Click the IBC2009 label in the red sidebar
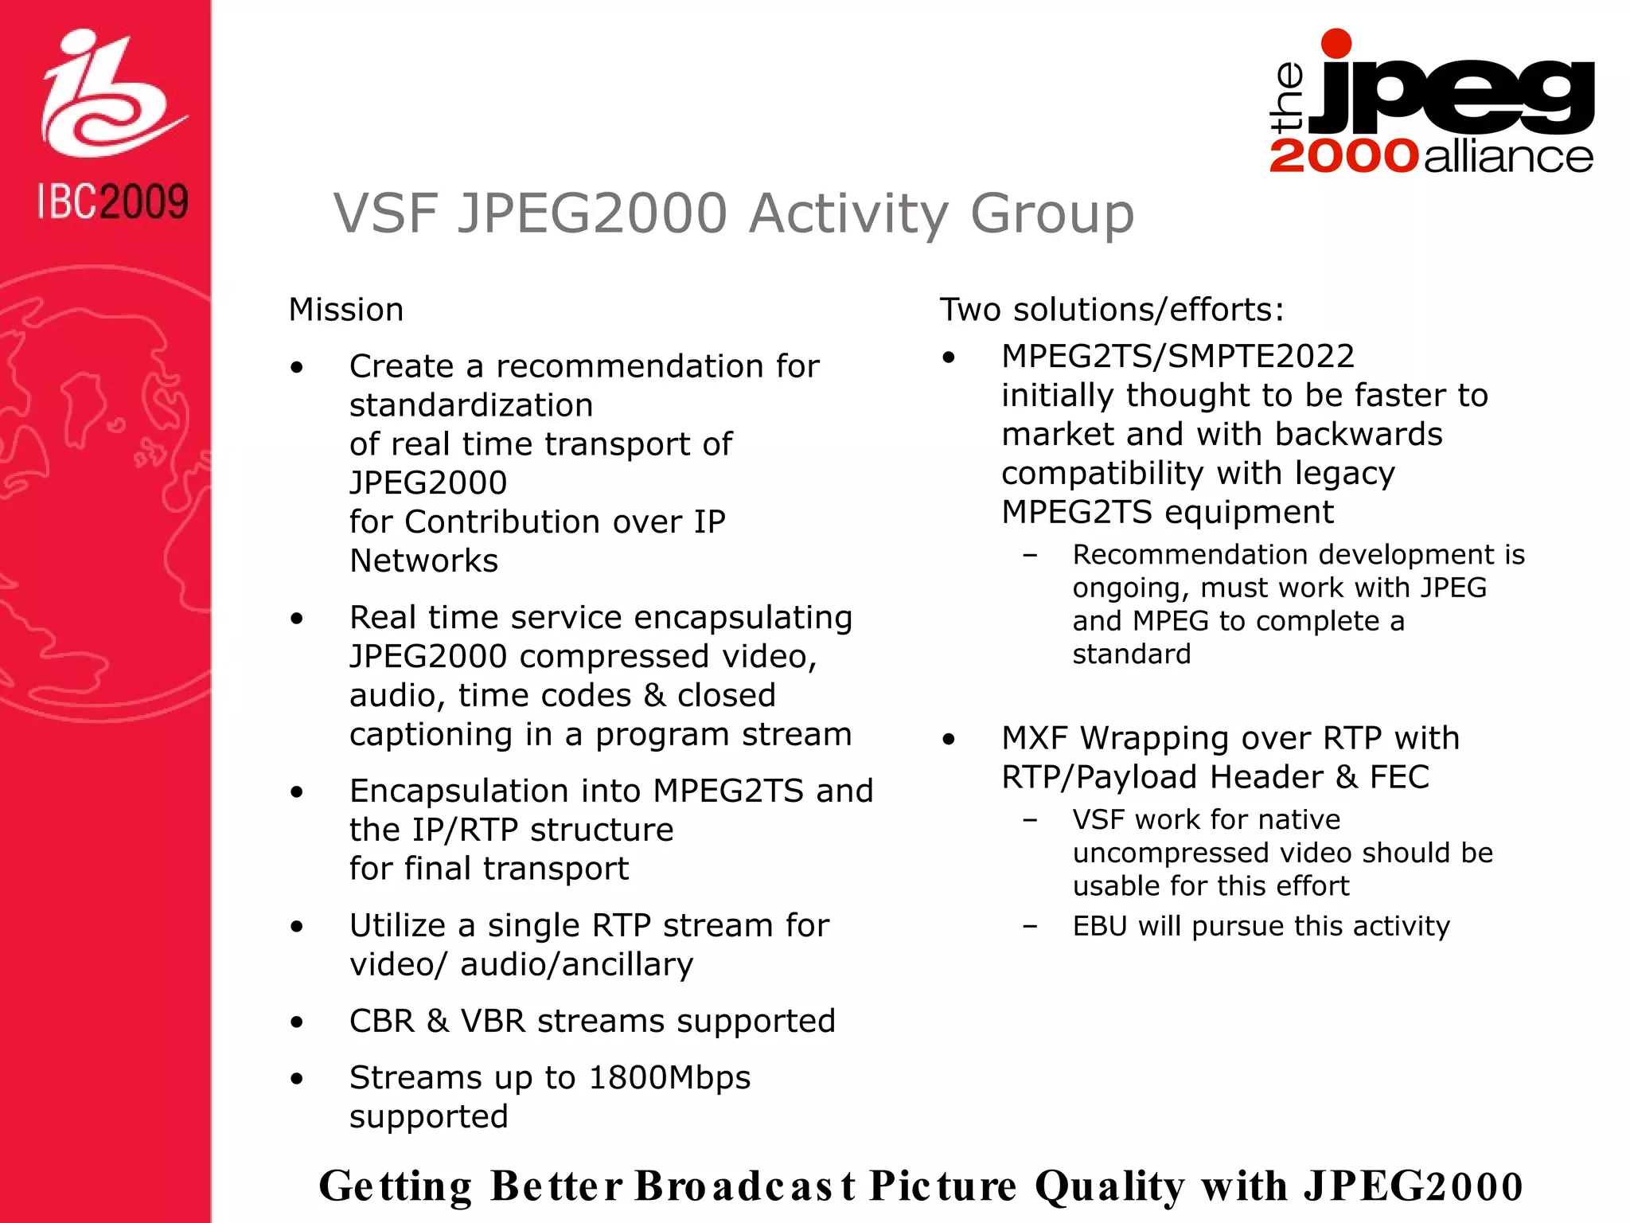(113, 201)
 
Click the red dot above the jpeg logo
(1336, 43)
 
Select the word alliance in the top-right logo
(1508, 156)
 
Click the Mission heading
(346, 310)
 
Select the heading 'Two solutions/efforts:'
(1112, 310)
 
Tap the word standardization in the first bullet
(471, 405)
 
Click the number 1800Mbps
(669, 1077)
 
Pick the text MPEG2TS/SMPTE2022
(1178, 356)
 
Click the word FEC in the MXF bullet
(1399, 777)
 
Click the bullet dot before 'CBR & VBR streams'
(297, 1022)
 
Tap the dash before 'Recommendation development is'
(1031, 555)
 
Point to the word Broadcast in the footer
(744, 1186)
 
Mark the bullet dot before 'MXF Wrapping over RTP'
(948, 740)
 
